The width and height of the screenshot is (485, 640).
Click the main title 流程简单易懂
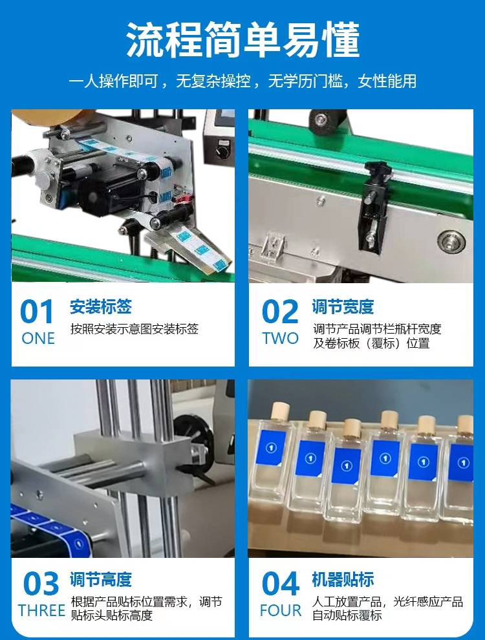[243, 39]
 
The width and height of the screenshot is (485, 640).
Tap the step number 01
[37, 312]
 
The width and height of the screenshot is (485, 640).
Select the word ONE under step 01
[38, 338]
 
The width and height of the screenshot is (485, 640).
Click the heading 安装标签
[100, 307]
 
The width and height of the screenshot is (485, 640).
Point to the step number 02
[280, 312]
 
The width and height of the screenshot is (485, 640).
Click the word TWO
[280, 338]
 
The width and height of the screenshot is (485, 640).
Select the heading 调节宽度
[343, 307]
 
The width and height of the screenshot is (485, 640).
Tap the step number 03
[41, 584]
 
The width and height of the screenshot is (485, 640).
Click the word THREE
[41, 611]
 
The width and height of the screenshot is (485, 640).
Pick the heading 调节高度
[100, 580]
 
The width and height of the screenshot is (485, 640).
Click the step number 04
[281, 584]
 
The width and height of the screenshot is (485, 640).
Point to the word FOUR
[281, 611]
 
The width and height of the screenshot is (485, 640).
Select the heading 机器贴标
[343, 580]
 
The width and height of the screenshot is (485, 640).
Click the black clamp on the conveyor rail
[372, 204]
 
